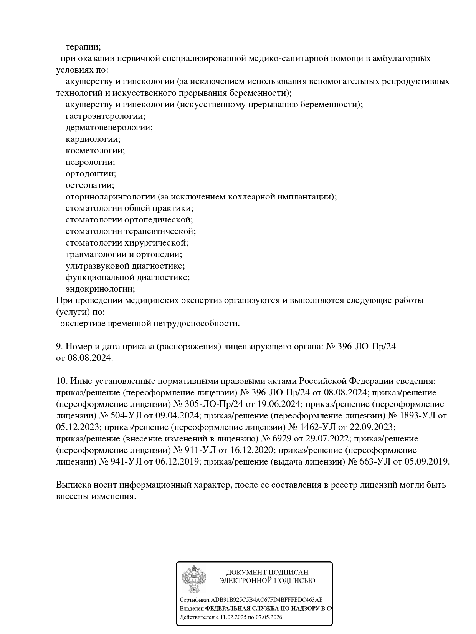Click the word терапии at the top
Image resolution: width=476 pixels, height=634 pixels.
tap(83, 47)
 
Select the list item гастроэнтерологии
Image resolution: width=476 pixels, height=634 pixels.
tap(105, 116)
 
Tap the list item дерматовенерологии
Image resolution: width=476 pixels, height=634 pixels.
tap(109, 128)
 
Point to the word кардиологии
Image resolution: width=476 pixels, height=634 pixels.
tap(93, 139)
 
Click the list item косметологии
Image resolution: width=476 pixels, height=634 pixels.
tap(95, 151)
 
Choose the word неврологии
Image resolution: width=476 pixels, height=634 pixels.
tap(90, 162)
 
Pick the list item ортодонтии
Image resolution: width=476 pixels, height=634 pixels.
tap(90, 174)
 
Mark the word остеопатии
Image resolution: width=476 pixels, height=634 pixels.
tap(90, 185)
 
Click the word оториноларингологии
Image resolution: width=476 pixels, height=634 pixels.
tap(110, 197)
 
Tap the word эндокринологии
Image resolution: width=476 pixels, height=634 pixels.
tap(100, 289)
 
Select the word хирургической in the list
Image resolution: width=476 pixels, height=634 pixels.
tap(156, 243)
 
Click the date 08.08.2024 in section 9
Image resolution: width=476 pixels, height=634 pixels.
tap(90, 358)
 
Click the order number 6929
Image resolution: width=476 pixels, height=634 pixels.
tap(282, 439)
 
